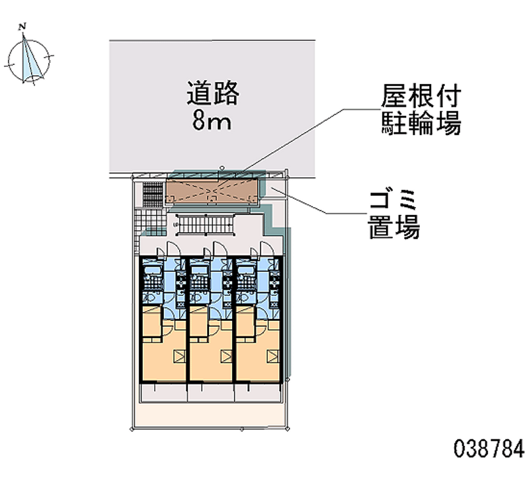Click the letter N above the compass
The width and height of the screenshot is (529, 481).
click(x=23, y=27)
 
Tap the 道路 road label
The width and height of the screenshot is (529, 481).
click(x=213, y=93)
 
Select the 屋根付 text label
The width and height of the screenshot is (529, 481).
click(x=421, y=96)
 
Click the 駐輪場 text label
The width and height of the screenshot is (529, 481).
click(x=421, y=123)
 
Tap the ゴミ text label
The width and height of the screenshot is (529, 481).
click(x=393, y=200)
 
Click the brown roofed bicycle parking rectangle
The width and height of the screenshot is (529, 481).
click(x=212, y=191)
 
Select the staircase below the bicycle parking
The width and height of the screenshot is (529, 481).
click(x=204, y=224)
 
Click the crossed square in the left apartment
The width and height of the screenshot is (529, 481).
click(x=180, y=357)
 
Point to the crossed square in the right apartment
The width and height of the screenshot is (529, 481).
click(x=273, y=357)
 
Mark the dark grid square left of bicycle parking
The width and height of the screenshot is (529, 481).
click(x=153, y=193)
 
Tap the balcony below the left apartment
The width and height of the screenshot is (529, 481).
click(x=163, y=392)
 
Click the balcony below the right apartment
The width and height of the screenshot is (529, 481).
click(x=258, y=392)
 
